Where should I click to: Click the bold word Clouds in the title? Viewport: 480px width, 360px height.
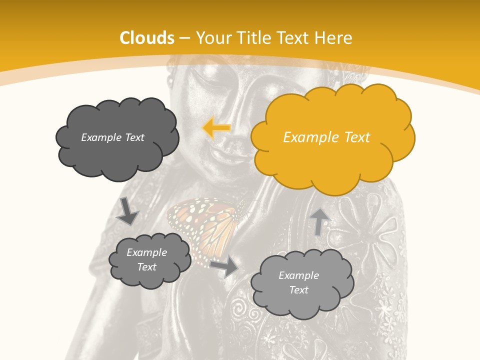[x=147, y=37]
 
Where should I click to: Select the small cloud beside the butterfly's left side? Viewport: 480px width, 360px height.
[x=149, y=260]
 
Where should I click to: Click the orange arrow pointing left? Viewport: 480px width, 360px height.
[x=216, y=128]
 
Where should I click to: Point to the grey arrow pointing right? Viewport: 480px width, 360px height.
[x=224, y=266]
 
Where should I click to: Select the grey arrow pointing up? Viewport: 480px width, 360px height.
[x=319, y=220]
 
